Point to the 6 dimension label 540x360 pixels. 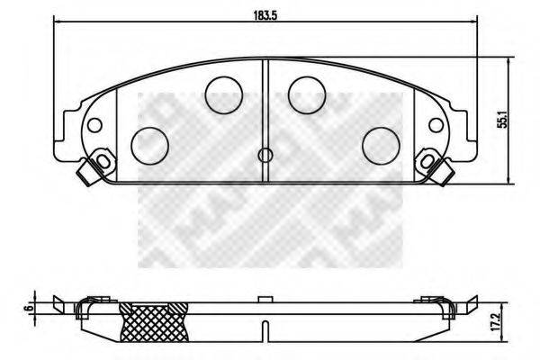pos(31,308)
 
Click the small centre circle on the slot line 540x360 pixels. pos(265,155)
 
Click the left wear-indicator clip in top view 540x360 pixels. pos(90,170)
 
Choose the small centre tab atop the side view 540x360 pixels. pos(265,298)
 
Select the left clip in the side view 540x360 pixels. pos(86,309)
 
